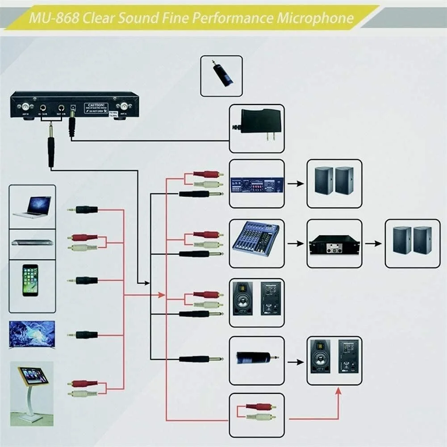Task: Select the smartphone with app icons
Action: point(30,280)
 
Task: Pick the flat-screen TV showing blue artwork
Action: point(32,334)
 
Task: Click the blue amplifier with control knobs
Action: point(257,184)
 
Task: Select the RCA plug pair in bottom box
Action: point(260,411)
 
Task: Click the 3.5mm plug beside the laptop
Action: point(83,209)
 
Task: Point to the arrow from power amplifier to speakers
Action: point(373,243)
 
